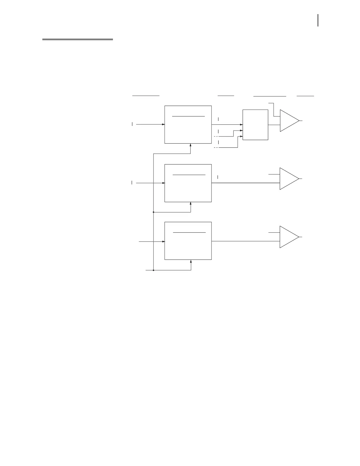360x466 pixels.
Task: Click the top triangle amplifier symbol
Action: (x=289, y=121)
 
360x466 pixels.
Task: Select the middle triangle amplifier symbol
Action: (x=288, y=179)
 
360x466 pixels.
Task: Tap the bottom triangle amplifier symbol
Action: (x=288, y=237)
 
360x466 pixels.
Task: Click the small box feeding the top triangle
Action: (x=255, y=125)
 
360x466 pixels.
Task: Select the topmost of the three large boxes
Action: (x=188, y=129)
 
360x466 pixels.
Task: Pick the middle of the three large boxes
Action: (x=188, y=188)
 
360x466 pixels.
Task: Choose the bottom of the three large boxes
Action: (x=188, y=246)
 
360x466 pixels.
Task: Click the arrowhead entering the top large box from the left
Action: (x=163, y=124)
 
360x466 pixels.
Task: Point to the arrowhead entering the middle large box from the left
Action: (x=163, y=183)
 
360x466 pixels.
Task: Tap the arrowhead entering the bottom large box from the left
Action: (x=163, y=242)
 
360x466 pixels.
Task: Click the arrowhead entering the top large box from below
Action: (x=191, y=145)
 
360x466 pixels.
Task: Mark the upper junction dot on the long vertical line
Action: (x=154, y=212)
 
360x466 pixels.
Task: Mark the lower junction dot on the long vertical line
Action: (x=154, y=270)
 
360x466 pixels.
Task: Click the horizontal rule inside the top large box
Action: (x=188, y=116)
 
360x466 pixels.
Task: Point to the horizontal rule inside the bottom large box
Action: (x=189, y=232)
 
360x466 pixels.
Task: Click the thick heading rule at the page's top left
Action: (x=78, y=39)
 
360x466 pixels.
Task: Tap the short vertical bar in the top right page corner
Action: (x=318, y=21)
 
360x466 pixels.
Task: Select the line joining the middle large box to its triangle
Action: (x=246, y=183)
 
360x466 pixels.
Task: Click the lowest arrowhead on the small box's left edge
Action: (x=241, y=137)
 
